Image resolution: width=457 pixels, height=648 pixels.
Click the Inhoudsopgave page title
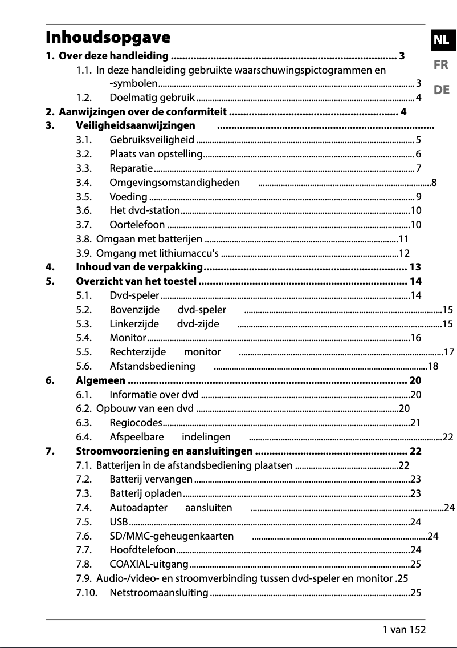click(x=108, y=38)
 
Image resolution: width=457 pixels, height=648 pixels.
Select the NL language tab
click(x=440, y=39)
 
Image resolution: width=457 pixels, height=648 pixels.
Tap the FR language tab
click(x=440, y=65)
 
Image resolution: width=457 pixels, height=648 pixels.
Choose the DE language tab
click(x=440, y=90)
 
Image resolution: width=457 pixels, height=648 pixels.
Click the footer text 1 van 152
click(x=404, y=630)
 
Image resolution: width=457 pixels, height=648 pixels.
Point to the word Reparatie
click(x=130, y=168)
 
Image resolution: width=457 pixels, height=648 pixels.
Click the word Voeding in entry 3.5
click(x=128, y=197)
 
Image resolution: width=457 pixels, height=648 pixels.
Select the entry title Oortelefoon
click(x=137, y=225)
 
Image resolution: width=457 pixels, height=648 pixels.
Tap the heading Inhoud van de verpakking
click(x=140, y=267)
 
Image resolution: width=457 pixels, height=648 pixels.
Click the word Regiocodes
click(x=136, y=423)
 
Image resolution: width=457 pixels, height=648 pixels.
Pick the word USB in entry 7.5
click(x=119, y=522)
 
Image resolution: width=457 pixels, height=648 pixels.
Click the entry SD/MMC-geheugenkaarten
click(x=172, y=536)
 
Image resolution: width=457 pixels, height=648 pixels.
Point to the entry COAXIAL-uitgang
click(x=149, y=564)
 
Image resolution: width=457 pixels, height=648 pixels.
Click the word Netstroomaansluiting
click(x=158, y=593)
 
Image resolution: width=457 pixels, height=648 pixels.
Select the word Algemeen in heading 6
click(x=101, y=380)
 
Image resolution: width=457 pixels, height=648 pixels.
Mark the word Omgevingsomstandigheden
click(x=174, y=183)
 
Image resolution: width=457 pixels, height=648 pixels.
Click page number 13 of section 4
click(x=415, y=267)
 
